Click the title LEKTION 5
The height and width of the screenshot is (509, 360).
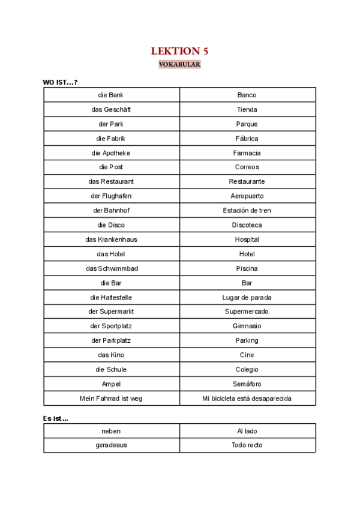(x=179, y=51)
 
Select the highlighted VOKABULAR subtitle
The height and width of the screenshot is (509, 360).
(x=179, y=64)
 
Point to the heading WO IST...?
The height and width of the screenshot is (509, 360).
(x=60, y=82)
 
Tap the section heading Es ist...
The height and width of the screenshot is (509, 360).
(x=56, y=418)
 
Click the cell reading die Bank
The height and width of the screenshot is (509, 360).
(x=111, y=95)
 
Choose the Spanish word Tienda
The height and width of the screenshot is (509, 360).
(x=247, y=109)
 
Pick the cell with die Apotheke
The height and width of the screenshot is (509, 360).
(x=111, y=152)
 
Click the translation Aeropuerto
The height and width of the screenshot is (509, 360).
(x=247, y=196)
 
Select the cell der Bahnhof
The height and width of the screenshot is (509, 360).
(x=111, y=210)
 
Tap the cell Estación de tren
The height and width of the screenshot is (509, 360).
(x=247, y=210)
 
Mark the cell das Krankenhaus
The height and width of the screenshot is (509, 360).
(x=111, y=239)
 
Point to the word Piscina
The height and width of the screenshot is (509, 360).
(x=247, y=268)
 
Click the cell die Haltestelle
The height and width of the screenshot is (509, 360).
(x=111, y=297)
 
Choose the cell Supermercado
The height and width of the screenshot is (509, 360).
(x=247, y=312)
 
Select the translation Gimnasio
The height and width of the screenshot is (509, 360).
(x=247, y=326)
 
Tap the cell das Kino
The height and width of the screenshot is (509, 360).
(x=111, y=355)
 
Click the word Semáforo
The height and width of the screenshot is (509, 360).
(x=247, y=384)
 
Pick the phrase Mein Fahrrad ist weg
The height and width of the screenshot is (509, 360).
(x=111, y=398)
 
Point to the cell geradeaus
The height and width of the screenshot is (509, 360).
(x=111, y=445)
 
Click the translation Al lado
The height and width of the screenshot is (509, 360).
(x=247, y=430)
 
